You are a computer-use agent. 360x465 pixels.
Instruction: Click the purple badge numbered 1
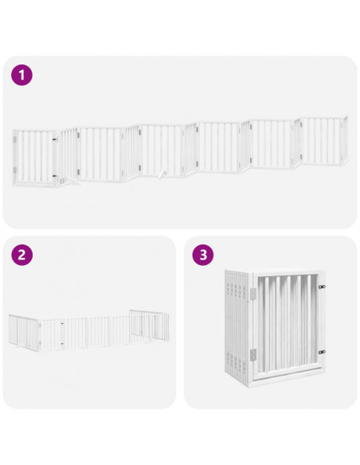pos(22,76)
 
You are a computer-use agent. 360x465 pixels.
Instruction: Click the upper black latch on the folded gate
pos(321,287)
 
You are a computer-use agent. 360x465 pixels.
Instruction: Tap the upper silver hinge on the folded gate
pos(254,294)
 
